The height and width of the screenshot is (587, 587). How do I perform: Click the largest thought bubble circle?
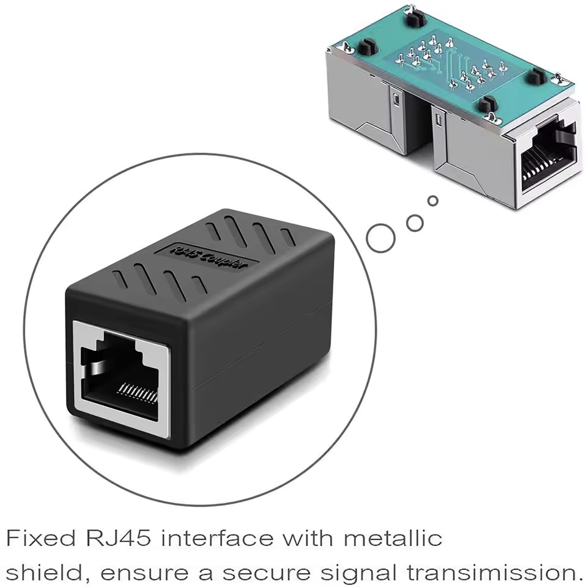pyautogui.click(x=380, y=236)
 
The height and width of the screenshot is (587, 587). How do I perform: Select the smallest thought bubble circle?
pyautogui.click(x=433, y=201)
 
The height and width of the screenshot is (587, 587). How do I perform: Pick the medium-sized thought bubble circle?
pyautogui.click(x=415, y=223)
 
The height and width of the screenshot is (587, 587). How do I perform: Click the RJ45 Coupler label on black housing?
pyautogui.click(x=208, y=257)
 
